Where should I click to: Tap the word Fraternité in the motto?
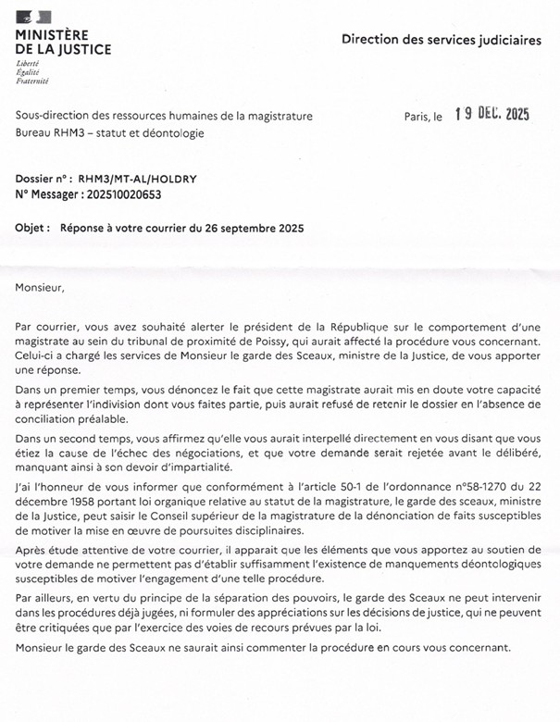tap(32, 81)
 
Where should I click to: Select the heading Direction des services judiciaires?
tap(441, 40)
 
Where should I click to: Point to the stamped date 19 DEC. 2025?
tap(492, 115)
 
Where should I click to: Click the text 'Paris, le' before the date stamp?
tap(424, 118)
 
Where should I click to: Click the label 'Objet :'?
tap(34, 228)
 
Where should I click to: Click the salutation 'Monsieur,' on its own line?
tap(41, 287)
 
